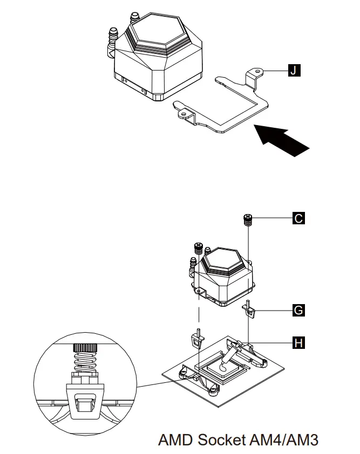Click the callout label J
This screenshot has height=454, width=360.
click(294, 70)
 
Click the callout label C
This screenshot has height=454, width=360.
click(298, 218)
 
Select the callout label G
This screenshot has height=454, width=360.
click(298, 310)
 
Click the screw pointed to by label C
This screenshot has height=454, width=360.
click(248, 219)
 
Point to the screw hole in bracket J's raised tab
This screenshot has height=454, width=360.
click(259, 71)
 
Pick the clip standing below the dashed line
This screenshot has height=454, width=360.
click(198, 340)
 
